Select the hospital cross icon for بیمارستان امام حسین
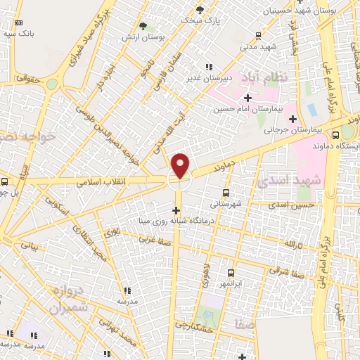[247, 97]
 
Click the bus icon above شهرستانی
[226, 192]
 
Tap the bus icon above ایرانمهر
[230, 272]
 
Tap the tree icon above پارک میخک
[200, 9]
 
